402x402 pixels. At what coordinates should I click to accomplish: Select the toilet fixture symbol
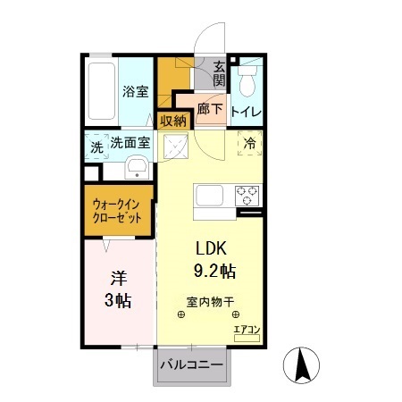coord(247,80)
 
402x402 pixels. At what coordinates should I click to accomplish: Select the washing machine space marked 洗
coord(96,147)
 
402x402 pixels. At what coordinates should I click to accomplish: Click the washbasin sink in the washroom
coord(137,167)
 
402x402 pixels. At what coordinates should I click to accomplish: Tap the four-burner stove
coord(247,194)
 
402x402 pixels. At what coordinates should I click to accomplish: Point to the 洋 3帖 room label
coord(117,289)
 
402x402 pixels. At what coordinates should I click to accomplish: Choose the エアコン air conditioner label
coord(246,330)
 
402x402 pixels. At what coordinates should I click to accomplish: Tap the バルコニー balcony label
coord(192,364)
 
